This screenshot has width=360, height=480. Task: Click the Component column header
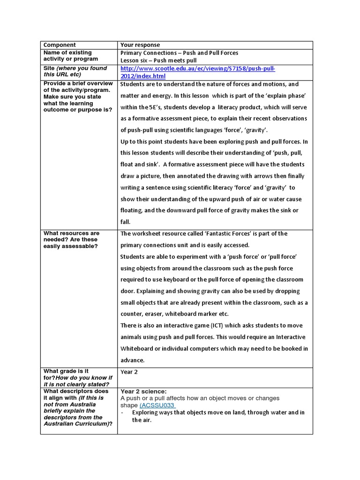tap(60, 45)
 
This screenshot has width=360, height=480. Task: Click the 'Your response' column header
tap(140, 45)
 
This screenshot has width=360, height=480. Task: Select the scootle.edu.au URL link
tap(197, 72)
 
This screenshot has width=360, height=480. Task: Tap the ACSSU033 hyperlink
tap(157, 405)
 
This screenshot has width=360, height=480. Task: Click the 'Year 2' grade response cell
tap(130, 372)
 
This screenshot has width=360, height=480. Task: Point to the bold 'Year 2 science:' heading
tap(143, 391)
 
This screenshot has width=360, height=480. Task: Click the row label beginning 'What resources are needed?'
tap(72, 240)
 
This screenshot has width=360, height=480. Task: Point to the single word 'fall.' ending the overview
tap(126, 222)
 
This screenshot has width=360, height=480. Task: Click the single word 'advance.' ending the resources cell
tap(133, 360)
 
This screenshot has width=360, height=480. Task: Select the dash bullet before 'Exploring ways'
tap(122, 412)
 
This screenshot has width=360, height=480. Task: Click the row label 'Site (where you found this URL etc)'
tap(75, 71)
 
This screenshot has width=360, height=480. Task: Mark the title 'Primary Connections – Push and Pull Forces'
tap(179, 53)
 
